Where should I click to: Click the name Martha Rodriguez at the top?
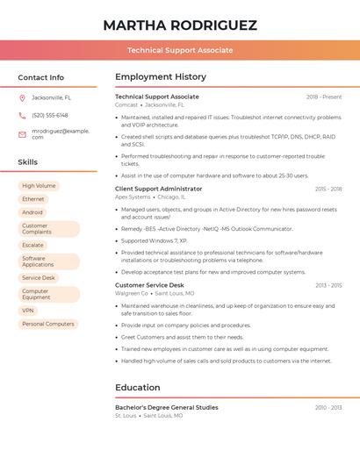pyautogui.click(x=180, y=25)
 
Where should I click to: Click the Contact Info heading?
pyautogui.click(x=41, y=77)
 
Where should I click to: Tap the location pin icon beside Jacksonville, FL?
pyautogui.click(x=22, y=97)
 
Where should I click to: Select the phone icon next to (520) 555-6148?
pyautogui.click(x=22, y=115)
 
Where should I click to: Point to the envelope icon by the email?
pyautogui.click(x=22, y=133)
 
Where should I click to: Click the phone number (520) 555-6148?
pyautogui.click(x=50, y=115)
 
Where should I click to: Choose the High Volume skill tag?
pyautogui.click(x=39, y=186)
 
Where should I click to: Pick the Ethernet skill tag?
pyautogui.click(x=33, y=199)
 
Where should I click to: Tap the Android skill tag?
pyautogui.click(x=32, y=212)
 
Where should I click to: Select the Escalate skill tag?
pyautogui.click(x=33, y=245)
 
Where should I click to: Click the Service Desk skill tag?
pyautogui.click(x=39, y=277)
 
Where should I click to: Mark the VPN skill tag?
pyautogui.click(x=28, y=311)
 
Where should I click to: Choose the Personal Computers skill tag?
pyautogui.click(x=48, y=324)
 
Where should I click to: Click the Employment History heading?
pyautogui.click(x=161, y=77)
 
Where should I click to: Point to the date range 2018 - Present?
pyautogui.click(x=324, y=97)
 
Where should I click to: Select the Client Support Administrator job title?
pyautogui.click(x=159, y=189)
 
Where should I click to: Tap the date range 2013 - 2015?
pyautogui.click(x=328, y=285)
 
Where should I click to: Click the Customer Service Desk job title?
pyautogui.click(x=150, y=285)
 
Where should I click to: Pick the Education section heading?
pyautogui.click(x=138, y=387)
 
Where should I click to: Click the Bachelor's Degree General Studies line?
pyautogui.click(x=167, y=407)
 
